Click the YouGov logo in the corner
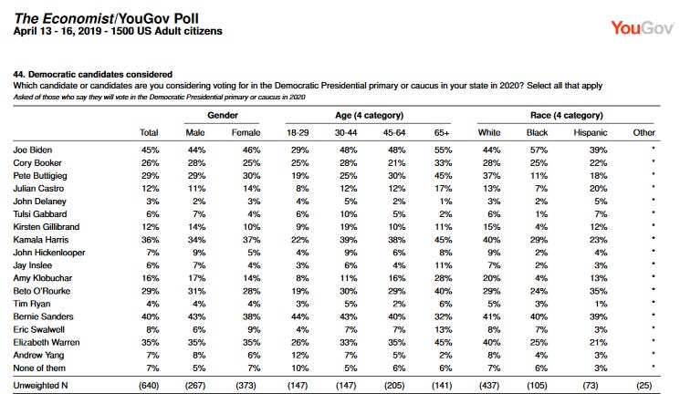click(642, 28)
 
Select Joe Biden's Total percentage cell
click(150, 150)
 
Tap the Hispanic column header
click(591, 132)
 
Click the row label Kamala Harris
click(41, 240)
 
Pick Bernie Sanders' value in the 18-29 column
click(299, 316)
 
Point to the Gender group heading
click(223, 115)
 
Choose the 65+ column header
click(442, 132)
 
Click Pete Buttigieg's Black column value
click(539, 176)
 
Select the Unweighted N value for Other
click(644, 386)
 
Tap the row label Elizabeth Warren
click(47, 343)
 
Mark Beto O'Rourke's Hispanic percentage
click(598, 291)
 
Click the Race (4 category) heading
click(567, 115)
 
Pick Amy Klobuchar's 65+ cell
click(444, 278)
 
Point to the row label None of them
click(39, 368)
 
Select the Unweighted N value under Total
click(149, 386)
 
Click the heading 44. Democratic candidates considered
click(93, 74)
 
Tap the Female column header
click(246, 132)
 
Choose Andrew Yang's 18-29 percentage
click(299, 355)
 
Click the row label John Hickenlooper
click(49, 253)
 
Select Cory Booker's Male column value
click(196, 163)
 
